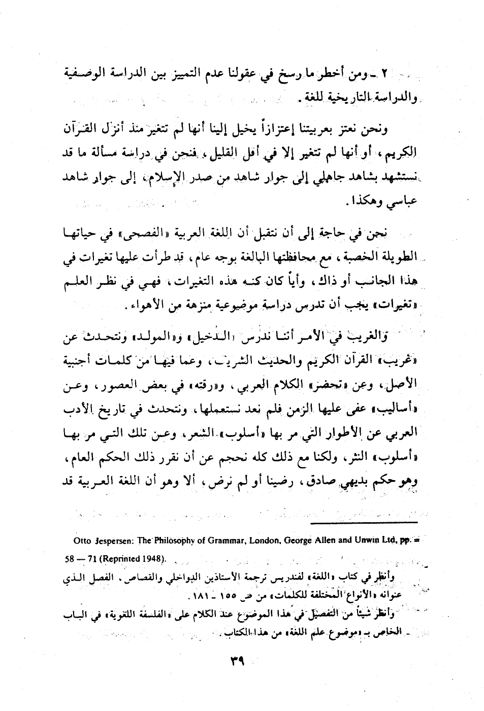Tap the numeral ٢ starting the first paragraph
(385, 75)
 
